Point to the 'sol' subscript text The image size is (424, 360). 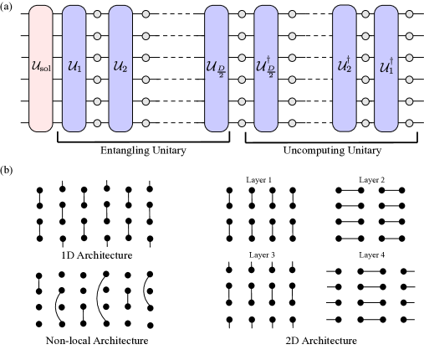pyautogui.click(x=45, y=68)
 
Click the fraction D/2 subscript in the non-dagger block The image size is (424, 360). pyautogui.click(x=222, y=70)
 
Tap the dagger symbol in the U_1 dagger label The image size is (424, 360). pyautogui.click(x=391, y=59)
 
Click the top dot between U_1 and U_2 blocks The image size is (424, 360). pyautogui.click(x=97, y=14)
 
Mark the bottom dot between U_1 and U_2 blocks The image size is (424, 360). pyautogui.click(x=97, y=123)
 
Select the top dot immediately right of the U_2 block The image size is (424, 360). pyautogui.click(x=146, y=14)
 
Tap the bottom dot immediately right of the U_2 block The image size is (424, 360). pyautogui.click(x=146, y=123)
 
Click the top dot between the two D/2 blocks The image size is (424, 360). pyautogui.click(x=242, y=14)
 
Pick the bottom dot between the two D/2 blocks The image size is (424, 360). pyautogui.click(x=242, y=123)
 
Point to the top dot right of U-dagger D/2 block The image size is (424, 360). pyautogui.click(x=292, y=14)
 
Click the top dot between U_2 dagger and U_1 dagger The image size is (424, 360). pyautogui.click(x=365, y=14)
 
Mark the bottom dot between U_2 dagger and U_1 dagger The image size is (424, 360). pyautogui.click(x=365, y=123)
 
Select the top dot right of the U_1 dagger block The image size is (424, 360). pyautogui.click(x=409, y=14)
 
